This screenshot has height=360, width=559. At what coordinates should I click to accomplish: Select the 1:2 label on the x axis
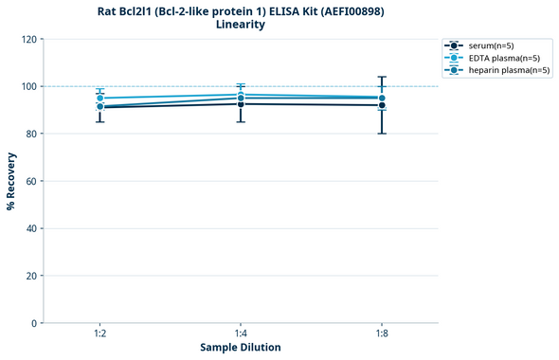[99, 333]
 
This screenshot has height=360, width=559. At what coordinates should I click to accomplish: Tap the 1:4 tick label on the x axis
[241, 333]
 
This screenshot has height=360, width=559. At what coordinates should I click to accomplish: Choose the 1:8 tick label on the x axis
[382, 333]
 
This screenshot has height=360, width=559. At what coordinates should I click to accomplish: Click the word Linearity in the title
[241, 25]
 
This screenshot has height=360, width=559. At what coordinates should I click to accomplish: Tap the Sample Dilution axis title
[241, 348]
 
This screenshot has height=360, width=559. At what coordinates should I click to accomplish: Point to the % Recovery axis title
[11, 181]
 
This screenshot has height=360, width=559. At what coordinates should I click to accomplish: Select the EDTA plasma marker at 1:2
[99, 98]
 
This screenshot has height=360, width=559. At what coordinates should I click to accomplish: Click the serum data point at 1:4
[241, 103]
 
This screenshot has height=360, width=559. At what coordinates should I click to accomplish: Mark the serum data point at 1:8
[382, 105]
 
